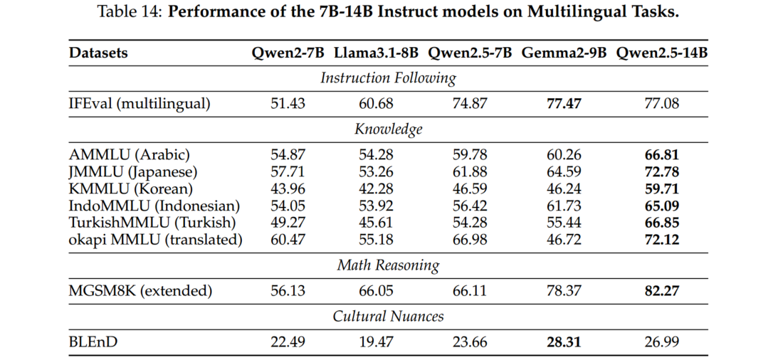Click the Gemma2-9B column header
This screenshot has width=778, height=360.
click(564, 53)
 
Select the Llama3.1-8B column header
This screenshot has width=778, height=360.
click(376, 53)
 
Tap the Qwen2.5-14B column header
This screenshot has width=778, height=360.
click(662, 53)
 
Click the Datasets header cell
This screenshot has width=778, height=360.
click(98, 53)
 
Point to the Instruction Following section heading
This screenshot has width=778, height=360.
click(388, 78)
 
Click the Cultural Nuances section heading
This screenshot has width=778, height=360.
click(388, 316)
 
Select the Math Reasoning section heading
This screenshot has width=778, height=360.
click(388, 265)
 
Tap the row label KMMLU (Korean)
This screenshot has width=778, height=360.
click(131, 189)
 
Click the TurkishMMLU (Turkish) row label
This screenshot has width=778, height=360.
click(152, 223)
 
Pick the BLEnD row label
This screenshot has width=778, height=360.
click(93, 342)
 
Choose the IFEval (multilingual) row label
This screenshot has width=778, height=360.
click(140, 104)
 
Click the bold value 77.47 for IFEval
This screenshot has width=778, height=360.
click(564, 104)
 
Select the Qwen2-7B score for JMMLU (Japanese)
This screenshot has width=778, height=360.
click(288, 172)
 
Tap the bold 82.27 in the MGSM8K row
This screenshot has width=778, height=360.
click(662, 290)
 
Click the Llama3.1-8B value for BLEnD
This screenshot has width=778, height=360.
click(376, 342)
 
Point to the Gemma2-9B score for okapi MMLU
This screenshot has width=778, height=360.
click(564, 240)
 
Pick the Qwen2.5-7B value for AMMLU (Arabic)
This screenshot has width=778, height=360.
click(470, 155)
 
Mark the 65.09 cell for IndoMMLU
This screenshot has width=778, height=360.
click(662, 206)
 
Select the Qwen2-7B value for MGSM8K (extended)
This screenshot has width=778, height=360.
click(288, 290)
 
